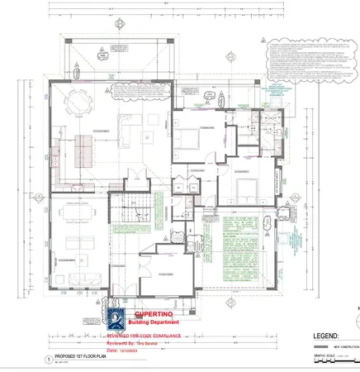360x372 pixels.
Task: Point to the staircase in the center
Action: click(x=135, y=223)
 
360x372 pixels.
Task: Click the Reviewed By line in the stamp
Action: click(x=137, y=343)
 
